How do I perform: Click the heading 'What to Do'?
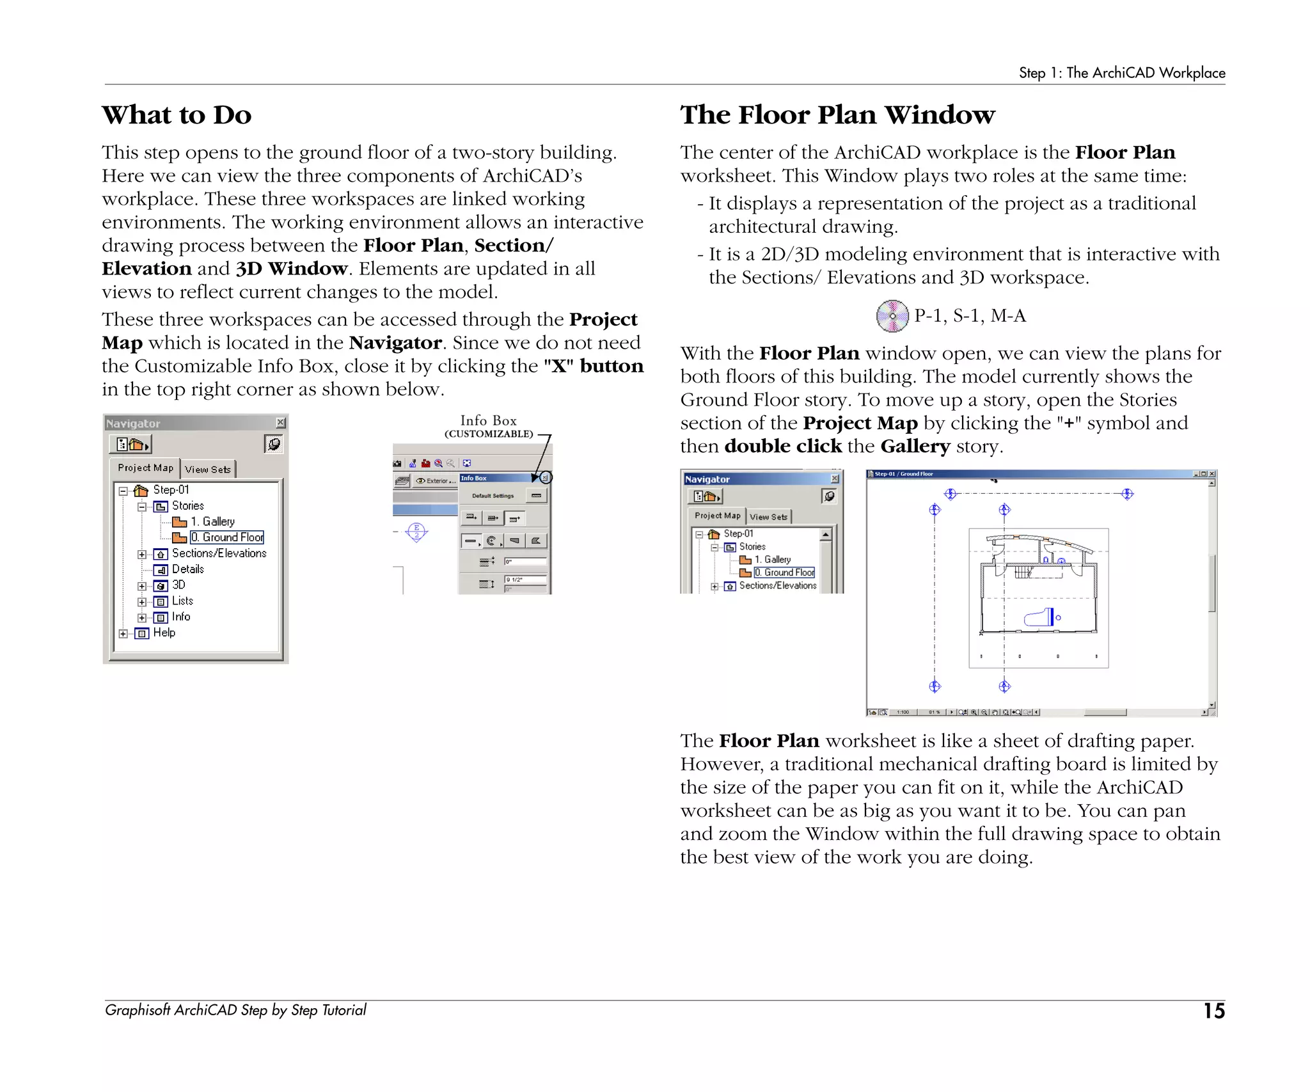point(177,115)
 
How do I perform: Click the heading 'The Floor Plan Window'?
point(837,115)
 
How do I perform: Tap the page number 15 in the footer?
point(1213,1011)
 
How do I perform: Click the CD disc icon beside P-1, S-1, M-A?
point(892,316)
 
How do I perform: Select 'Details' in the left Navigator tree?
point(187,569)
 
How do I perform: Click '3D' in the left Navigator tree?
point(178,585)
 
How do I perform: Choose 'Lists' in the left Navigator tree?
point(182,601)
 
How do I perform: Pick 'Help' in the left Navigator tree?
point(164,633)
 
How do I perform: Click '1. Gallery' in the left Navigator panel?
point(212,522)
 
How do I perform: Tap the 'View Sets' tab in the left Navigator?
point(208,470)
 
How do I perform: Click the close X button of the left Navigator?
point(280,423)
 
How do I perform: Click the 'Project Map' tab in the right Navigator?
point(717,516)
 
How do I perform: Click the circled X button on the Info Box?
point(545,478)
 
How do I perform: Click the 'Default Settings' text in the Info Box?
point(493,496)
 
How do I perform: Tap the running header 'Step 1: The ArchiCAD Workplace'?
point(1121,73)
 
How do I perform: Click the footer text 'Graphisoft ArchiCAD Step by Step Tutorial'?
point(235,1010)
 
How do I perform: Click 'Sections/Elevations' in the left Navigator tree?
point(219,553)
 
